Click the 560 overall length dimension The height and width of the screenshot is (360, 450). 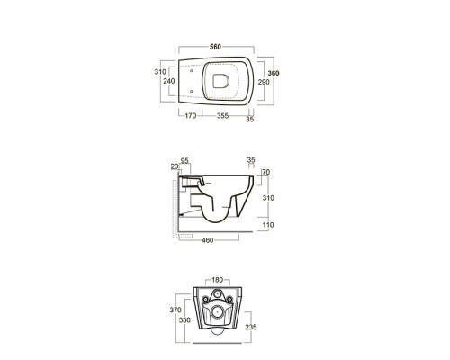coord(215,47)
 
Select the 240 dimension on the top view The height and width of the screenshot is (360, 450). coord(169,81)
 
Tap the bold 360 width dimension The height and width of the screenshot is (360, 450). coord(274,73)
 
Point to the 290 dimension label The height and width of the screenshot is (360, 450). coord(264,82)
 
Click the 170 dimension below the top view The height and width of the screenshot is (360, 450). coord(190,116)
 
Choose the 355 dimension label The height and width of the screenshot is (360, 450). coord(222,116)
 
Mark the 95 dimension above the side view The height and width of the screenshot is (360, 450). coord(184,161)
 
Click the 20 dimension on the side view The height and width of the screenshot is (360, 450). coord(175,166)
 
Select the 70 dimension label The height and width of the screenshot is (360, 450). coord(265,172)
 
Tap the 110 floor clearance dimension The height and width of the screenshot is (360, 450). coord(268,225)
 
